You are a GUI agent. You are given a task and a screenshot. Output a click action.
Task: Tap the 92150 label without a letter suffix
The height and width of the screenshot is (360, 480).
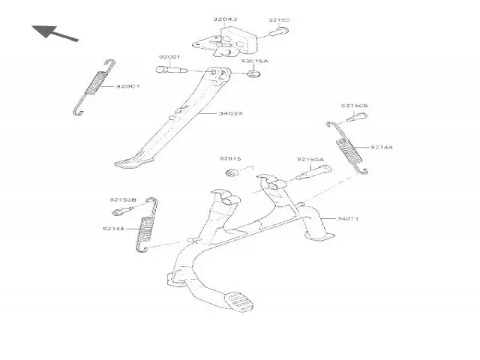[x=278, y=21]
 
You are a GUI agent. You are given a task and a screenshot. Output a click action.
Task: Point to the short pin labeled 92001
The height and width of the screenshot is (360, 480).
[x=171, y=71]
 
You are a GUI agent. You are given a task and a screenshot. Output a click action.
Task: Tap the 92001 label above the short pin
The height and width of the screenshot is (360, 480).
[x=169, y=57]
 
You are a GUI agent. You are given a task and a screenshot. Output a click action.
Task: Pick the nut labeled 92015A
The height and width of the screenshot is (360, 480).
[x=256, y=74]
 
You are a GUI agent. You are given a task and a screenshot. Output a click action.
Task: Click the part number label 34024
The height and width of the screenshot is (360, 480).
[x=230, y=114]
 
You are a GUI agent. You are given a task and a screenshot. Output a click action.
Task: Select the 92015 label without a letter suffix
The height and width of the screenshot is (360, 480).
[x=230, y=159]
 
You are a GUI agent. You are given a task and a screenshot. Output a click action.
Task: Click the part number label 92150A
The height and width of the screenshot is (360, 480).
[x=310, y=160]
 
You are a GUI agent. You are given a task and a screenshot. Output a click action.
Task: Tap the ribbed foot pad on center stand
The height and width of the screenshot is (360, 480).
[x=241, y=304]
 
